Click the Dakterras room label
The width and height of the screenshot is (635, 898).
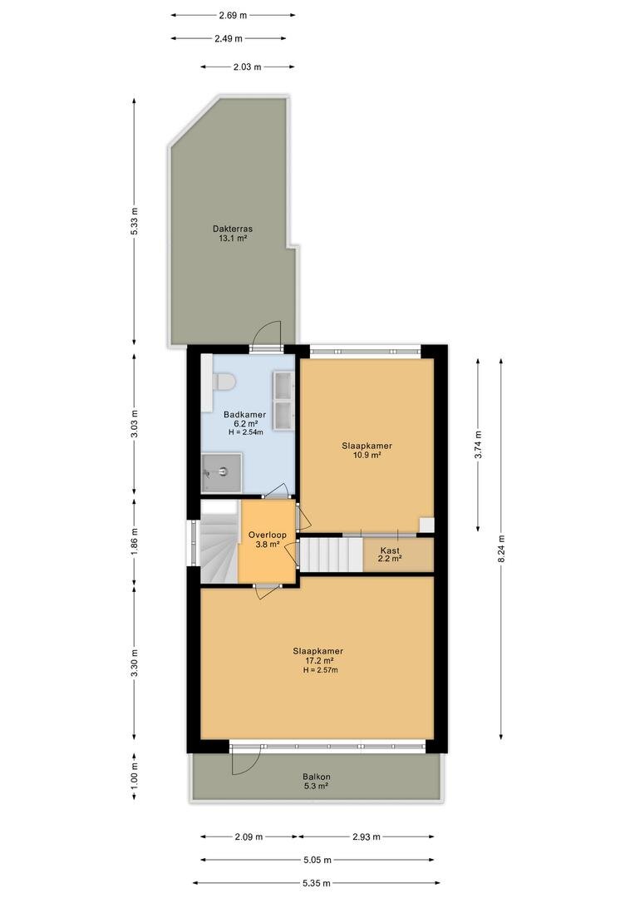(233, 229)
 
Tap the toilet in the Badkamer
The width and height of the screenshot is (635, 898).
(224, 382)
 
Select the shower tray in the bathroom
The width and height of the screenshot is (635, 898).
(221, 472)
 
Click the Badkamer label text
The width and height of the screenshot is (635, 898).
(244, 415)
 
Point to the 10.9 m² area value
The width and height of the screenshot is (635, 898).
(367, 456)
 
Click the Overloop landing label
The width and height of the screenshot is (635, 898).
(268, 535)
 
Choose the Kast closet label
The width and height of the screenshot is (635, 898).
(390, 550)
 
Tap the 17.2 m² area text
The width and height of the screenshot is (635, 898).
(319, 660)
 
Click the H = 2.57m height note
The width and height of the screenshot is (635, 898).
(321, 670)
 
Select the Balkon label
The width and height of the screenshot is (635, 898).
(317, 777)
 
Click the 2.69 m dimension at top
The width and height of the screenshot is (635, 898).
(233, 16)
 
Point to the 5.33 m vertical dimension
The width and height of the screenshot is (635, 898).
(135, 221)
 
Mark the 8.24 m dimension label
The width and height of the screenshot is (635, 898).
(501, 550)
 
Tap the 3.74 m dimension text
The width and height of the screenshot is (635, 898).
(478, 444)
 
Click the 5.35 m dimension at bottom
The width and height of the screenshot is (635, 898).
(316, 883)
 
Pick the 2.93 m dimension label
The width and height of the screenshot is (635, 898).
(367, 836)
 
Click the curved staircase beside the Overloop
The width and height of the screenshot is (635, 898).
(219, 548)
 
